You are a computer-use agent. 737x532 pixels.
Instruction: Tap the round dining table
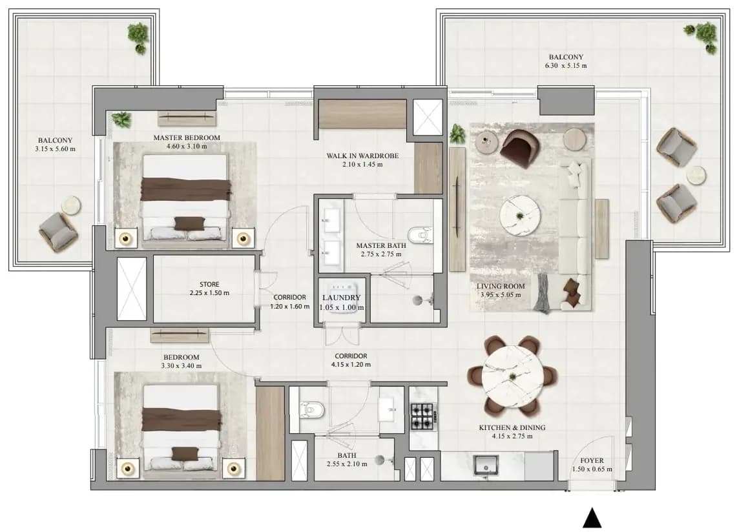tap(512, 376)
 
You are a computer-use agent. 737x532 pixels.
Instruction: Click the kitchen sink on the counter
tap(486, 466)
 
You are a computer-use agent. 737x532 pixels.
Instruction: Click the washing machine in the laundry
tap(341, 300)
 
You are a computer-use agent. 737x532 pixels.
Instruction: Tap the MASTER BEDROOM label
tap(187, 138)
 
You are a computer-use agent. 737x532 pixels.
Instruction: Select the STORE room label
tap(209, 284)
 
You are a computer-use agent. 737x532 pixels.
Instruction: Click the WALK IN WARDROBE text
tap(362, 156)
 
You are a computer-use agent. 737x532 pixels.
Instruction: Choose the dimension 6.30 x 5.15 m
tap(566, 66)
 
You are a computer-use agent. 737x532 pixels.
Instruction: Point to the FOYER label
tap(592, 460)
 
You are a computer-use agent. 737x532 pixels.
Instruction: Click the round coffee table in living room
tap(520, 216)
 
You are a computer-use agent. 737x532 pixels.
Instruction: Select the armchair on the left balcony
tap(58, 232)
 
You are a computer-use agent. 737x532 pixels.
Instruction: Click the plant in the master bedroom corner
tap(121, 120)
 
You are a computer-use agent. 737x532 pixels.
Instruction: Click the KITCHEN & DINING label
tap(512, 427)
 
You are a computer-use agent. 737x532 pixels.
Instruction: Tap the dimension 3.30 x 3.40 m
tap(182, 365)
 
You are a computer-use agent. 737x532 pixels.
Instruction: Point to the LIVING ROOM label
tap(501, 286)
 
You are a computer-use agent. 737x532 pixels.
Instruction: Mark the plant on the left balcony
tap(139, 37)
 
